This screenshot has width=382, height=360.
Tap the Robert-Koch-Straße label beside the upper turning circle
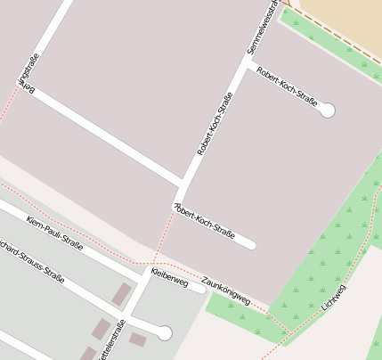click(287, 87)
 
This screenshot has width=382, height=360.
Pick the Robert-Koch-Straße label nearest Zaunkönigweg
click(205, 223)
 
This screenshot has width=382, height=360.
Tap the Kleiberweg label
click(170, 277)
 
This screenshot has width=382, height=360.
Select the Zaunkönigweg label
click(225, 290)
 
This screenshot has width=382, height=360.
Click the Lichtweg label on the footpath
click(334, 297)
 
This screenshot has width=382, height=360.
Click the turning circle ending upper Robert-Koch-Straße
click(328, 110)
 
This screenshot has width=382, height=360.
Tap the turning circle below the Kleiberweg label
click(164, 333)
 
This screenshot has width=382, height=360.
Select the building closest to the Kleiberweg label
click(121, 295)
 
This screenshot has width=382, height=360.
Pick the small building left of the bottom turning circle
click(137, 339)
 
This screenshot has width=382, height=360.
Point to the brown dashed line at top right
click(344, 37)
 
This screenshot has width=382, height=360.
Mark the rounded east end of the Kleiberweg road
click(201, 288)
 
